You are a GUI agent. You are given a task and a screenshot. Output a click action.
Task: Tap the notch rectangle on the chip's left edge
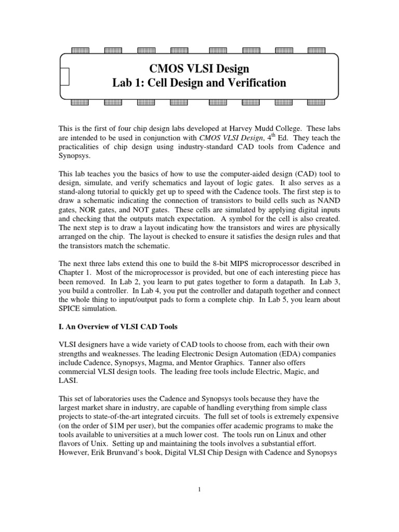(x=64, y=76)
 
